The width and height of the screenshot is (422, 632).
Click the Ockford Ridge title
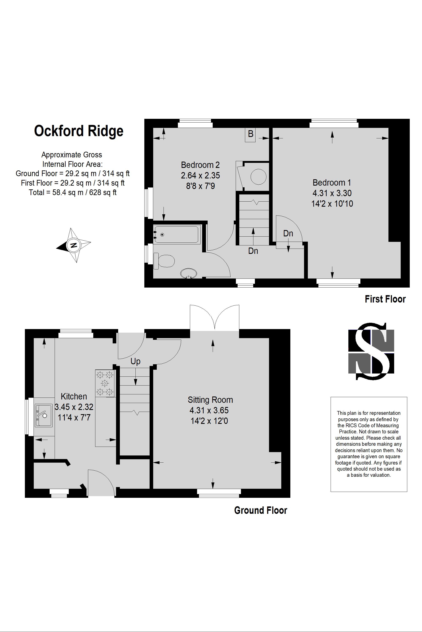(78, 131)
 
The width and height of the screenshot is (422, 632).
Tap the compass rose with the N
(73, 245)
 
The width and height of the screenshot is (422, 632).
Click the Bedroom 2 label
(200, 165)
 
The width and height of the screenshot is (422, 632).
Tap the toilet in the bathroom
(165, 261)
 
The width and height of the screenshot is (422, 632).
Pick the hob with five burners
(105, 383)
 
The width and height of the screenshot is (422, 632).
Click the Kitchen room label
(74, 396)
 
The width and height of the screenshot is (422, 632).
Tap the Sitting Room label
(210, 400)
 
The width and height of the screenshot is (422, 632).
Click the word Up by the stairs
(135, 362)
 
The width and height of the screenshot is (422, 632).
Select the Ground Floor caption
(261, 510)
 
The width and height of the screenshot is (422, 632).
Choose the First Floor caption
(385, 299)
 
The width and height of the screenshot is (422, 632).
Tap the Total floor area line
(73, 192)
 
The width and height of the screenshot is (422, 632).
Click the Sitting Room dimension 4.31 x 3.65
(209, 410)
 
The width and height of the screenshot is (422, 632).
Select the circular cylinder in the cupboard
(258, 177)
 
